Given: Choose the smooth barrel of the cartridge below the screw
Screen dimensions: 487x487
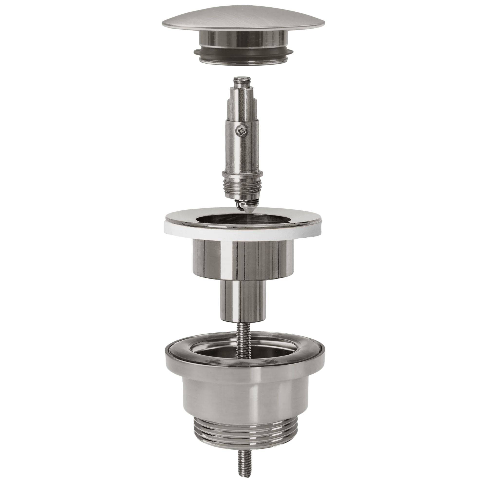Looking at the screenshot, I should tap(241, 154).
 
